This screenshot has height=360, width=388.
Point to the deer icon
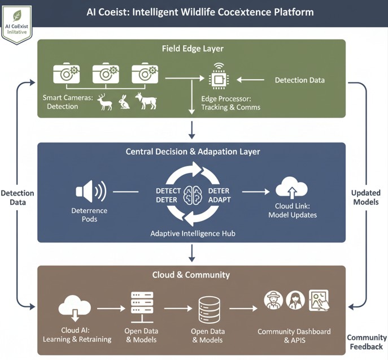[104, 102]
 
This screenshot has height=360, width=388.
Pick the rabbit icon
[124, 102]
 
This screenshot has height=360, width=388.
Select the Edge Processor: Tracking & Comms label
[230, 102]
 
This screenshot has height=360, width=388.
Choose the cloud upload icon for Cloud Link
[291, 188]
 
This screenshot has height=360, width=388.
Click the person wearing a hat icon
[273, 300]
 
